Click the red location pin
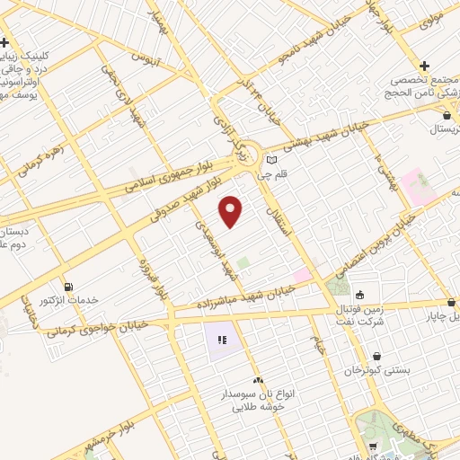coord(232,211)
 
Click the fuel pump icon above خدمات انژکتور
coord(70,286)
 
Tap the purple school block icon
coord(221,341)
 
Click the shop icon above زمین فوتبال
coord(359,294)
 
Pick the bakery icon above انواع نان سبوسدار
coord(258,381)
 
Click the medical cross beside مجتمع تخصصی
coord(424,66)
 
